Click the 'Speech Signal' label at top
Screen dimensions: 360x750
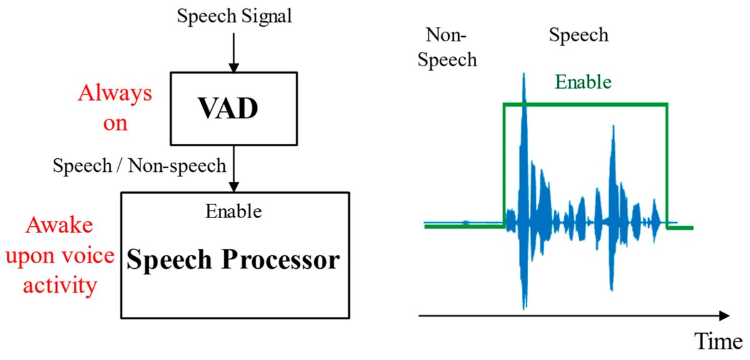[x=234, y=17]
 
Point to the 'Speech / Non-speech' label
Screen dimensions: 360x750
[x=139, y=166]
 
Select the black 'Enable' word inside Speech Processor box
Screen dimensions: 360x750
[x=234, y=211]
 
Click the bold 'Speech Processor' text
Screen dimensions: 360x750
[x=234, y=259]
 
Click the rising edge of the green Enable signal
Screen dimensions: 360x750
[x=504, y=166]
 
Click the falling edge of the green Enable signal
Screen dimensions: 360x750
[x=667, y=166]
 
